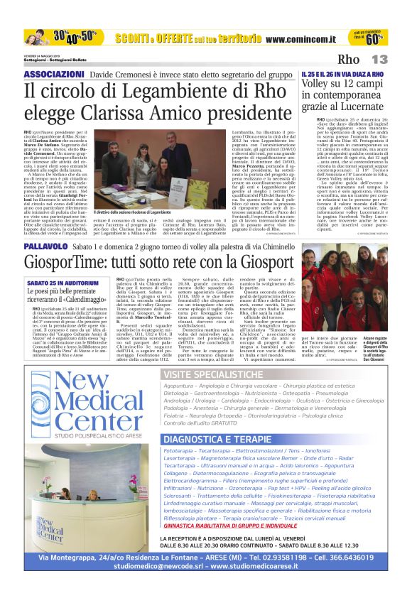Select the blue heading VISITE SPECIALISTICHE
[212, 374]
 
